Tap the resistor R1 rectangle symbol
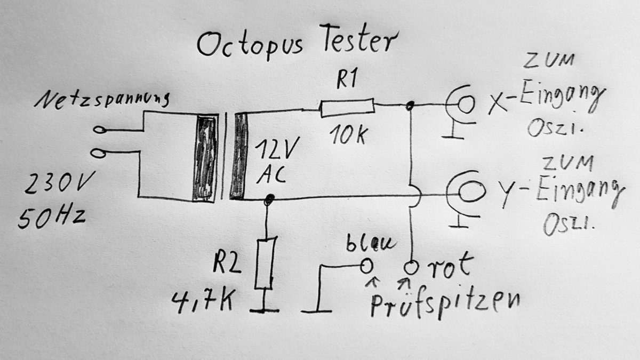tap(347, 108)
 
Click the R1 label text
tap(345, 81)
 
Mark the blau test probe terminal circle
tap(366, 265)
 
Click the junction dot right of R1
tap(410, 107)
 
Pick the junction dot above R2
tap(269, 199)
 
